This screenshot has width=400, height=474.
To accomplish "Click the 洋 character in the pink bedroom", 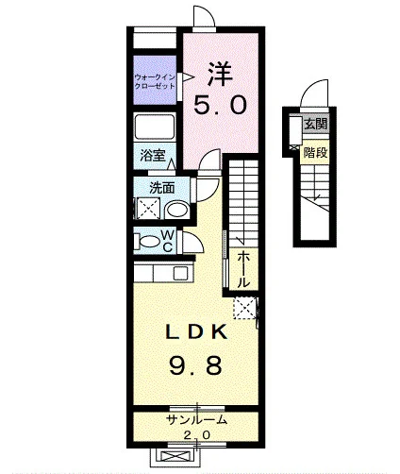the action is coord(220,75).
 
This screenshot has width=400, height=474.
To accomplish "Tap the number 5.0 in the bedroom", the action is coord(220,106).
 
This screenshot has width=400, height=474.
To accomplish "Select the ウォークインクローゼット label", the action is coord(155,81).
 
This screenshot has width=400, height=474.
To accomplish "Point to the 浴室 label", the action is coord(153,155).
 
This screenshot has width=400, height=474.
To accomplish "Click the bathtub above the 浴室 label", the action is coord(155,127).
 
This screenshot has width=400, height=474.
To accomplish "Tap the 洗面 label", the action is coord(162,188).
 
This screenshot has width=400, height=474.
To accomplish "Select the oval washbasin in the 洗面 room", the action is coord(177,211).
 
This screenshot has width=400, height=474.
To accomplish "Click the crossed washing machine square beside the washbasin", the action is coord(148,208).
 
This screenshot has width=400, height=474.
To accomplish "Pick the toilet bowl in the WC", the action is coord(149,242).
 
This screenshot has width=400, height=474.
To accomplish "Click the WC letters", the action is coord(168,241).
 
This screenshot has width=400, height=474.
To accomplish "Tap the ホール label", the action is coord(243,270).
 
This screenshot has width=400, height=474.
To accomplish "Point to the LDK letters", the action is coord(196,331).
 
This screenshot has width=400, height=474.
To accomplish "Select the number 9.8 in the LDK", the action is coord(195,365).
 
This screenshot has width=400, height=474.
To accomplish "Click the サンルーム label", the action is coord(196,420).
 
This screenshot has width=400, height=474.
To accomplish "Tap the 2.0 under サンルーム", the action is coord(196,435).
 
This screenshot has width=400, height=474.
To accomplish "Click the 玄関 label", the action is coord(316,124).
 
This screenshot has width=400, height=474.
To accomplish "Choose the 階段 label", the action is coord(315,153).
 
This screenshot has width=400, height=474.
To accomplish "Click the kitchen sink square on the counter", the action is coord(180,273).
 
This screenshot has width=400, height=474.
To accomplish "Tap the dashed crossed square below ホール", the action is coord(244,308).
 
